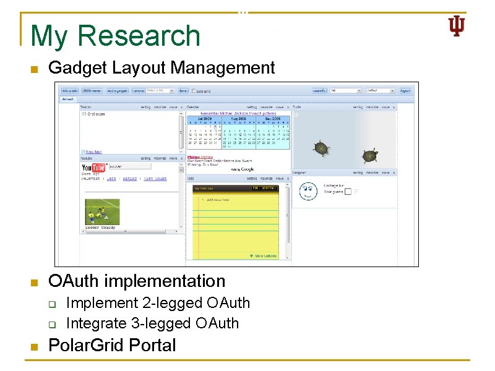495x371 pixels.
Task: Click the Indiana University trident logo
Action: (x=456, y=26)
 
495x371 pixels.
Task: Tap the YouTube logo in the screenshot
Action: (x=93, y=167)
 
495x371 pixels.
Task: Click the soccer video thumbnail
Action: (x=102, y=211)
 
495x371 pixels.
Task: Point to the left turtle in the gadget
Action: (x=321, y=148)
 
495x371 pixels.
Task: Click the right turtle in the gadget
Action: (x=370, y=156)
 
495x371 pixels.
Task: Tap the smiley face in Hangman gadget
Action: (x=308, y=191)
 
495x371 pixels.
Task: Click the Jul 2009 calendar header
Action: (x=204, y=119)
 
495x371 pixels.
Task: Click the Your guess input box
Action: (x=348, y=192)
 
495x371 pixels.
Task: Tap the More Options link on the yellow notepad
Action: (x=264, y=255)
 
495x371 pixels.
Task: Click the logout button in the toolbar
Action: (x=405, y=90)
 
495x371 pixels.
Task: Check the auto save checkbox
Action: (x=194, y=90)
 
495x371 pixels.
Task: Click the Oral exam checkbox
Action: (x=84, y=114)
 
